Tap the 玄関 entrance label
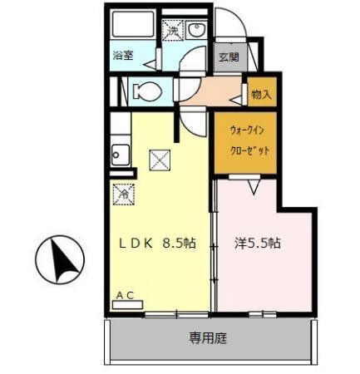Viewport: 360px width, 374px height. click(228, 57)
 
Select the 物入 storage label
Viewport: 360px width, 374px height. click(261, 95)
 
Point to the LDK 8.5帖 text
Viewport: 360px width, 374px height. click(158, 244)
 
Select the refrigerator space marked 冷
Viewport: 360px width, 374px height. click(123, 194)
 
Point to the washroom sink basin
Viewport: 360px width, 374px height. click(198, 32)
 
